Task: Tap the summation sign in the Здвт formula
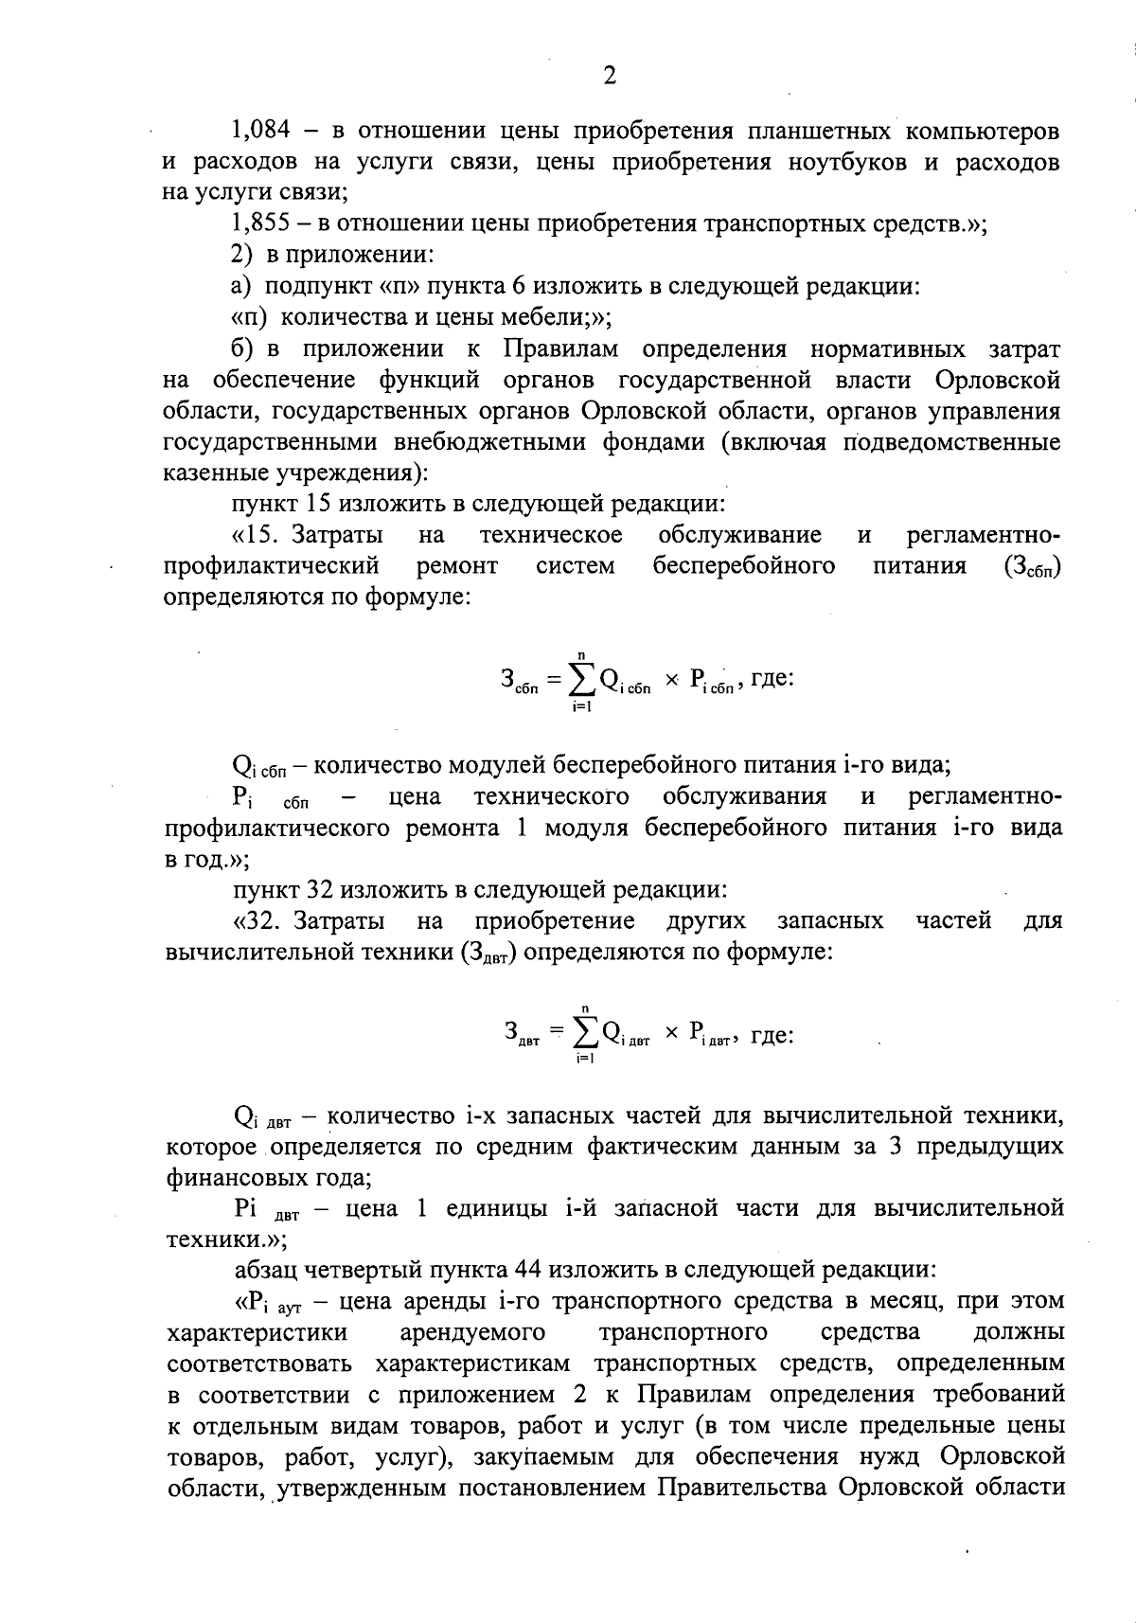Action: click(x=585, y=1030)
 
